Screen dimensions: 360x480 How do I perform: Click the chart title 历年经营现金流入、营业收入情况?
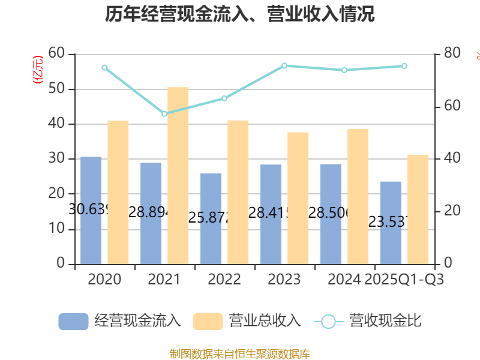point(240,14)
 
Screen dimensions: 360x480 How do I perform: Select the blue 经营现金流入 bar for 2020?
point(91,210)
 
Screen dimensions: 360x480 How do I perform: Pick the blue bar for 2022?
point(211,218)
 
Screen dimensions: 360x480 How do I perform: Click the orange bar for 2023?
point(298,198)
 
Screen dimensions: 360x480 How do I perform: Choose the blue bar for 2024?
point(331,214)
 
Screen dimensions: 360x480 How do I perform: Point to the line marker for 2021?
point(164,113)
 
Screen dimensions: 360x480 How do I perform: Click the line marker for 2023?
point(284,65)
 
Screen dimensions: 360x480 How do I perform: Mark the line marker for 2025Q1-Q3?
point(404,66)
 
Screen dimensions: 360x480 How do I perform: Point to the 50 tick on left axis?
point(58,89)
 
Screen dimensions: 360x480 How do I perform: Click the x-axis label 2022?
point(224,280)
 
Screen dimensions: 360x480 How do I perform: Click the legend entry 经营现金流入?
point(119,321)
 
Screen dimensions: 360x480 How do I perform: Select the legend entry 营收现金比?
point(367,321)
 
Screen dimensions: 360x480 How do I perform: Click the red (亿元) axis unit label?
point(38,70)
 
